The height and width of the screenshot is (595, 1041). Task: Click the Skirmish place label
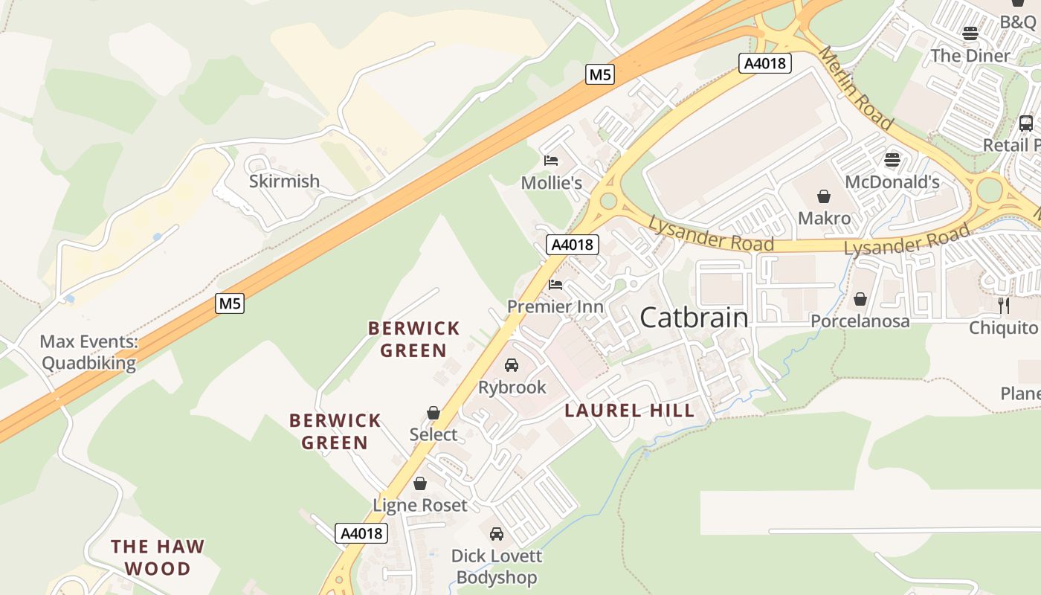(284, 181)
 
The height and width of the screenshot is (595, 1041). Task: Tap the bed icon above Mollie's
(551, 160)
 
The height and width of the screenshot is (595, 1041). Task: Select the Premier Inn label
(555, 306)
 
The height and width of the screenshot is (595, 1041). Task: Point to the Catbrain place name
(693, 318)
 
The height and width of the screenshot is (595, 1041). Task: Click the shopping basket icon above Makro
(823, 196)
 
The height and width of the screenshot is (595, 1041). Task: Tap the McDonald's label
(892, 181)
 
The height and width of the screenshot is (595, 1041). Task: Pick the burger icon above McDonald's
(892, 159)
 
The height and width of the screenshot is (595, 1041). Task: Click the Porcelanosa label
(860, 321)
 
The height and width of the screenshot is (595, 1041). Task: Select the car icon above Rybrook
(512, 364)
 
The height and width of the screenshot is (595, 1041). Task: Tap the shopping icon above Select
(434, 412)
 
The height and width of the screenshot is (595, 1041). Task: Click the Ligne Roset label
(420, 505)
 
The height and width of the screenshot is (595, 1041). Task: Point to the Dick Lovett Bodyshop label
(497, 566)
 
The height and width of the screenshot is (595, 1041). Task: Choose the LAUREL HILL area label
(629, 410)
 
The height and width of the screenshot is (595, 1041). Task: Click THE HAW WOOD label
(157, 557)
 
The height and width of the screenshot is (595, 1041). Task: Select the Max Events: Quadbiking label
(88, 353)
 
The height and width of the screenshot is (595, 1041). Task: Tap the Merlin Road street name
(854, 87)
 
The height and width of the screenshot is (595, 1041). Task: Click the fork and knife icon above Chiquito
(1003, 304)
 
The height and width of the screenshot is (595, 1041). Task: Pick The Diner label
(970, 55)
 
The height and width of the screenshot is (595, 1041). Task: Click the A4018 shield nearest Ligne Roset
(361, 533)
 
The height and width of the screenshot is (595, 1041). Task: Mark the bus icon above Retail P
(1025, 123)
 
